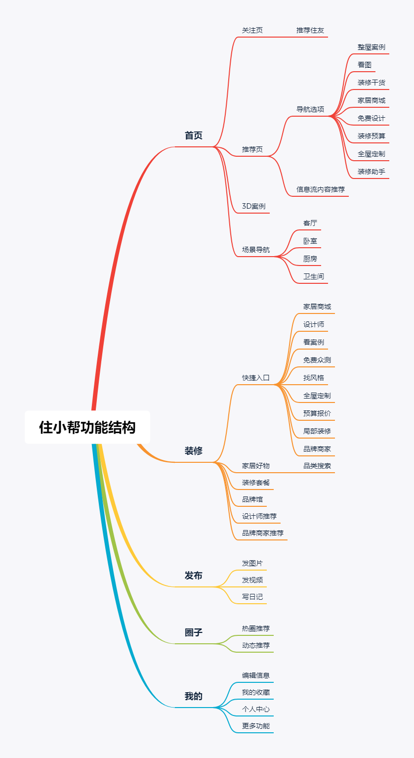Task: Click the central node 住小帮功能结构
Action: point(87,427)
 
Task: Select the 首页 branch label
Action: point(193,135)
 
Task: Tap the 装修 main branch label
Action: point(193,451)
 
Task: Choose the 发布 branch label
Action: point(193,576)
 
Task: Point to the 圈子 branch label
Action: point(193,632)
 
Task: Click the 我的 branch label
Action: point(193,696)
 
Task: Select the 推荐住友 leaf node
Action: point(310,30)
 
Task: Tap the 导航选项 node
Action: point(310,109)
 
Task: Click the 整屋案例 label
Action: point(372,47)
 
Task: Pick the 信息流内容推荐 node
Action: point(321,189)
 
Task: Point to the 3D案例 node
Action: point(254,206)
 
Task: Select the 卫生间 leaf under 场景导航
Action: point(314,276)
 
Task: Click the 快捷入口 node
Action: point(256,378)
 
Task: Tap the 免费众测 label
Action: point(317,360)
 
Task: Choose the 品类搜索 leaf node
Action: point(317,466)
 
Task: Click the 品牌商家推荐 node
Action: point(263,533)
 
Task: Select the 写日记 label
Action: point(252,597)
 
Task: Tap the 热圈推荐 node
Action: point(256,628)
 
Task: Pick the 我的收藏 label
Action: point(256,692)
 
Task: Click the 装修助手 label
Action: point(372,172)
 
